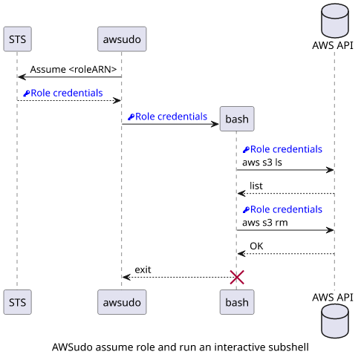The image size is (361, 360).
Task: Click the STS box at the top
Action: pos(17,39)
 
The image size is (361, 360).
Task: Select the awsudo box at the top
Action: pos(122,39)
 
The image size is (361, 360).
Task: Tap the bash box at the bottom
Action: pos(237,302)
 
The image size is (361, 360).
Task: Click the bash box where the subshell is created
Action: pos(237,119)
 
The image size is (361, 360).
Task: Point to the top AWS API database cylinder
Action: pos(335,21)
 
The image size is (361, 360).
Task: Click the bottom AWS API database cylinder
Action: pos(335,321)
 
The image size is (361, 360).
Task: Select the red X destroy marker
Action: pos(237,277)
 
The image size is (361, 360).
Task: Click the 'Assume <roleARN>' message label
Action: pos(74,70)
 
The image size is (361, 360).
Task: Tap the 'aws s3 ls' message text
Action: pos(262,163)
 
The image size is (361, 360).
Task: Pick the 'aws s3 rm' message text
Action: pos(265,223)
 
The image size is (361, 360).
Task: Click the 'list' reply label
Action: pos(256,186)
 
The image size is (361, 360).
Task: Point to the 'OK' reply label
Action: pos(256,246)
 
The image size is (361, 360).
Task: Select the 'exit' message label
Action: pos(143,269)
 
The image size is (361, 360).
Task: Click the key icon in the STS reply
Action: pos(27,94)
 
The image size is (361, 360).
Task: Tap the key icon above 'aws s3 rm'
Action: pos(246,210)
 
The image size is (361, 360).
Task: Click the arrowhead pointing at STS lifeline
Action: pos(22,77)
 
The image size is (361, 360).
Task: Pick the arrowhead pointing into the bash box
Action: pos(215,124)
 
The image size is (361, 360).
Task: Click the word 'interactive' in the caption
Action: pos(237,347)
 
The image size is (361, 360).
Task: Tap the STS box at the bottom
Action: pos(17,302)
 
